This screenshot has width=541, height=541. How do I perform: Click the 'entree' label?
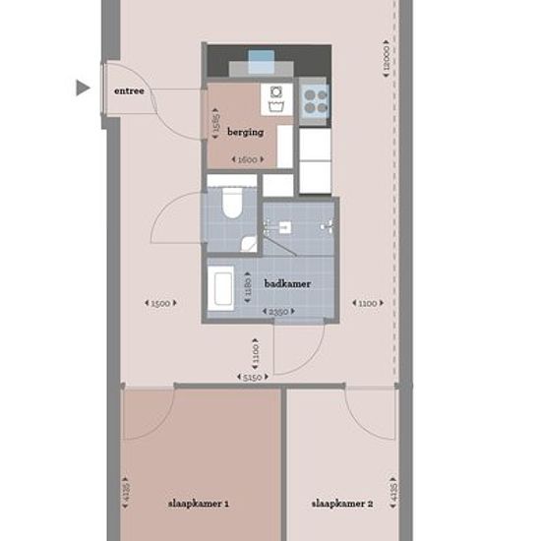tap(129, 90)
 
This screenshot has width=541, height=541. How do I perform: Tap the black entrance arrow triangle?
tap(83, 89)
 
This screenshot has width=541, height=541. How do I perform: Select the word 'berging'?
tap(245, 131)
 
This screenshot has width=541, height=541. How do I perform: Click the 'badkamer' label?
tap(287, 283)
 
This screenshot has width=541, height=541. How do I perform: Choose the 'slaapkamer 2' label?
tap(342, 504)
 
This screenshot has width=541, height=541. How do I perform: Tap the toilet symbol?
tap(233, 204)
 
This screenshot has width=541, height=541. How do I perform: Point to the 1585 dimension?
tap(215, 125)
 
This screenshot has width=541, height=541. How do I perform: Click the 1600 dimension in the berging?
tap(246, 159)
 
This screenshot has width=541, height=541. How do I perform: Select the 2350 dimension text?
tap(279, 312)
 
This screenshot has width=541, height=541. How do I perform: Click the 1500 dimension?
tap(161, 303)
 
